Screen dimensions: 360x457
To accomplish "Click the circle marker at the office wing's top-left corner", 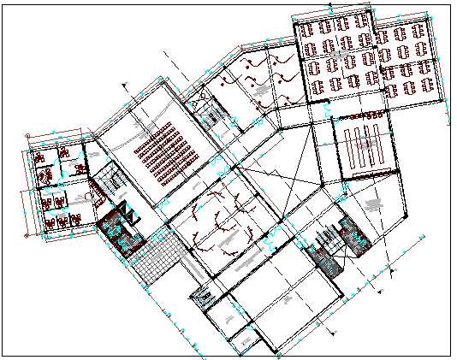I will pyautogui.click(x=27, y=135).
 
